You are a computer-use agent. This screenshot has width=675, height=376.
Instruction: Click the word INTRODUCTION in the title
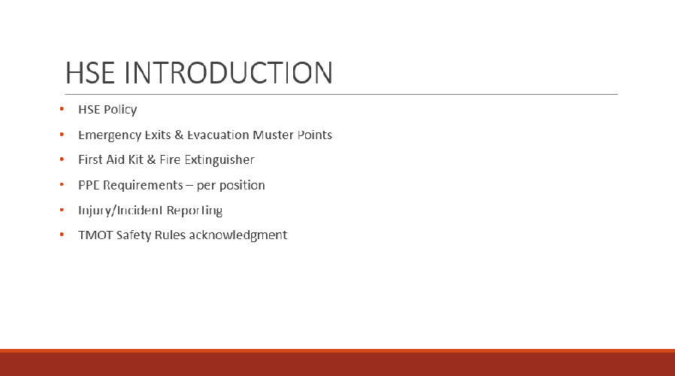[229, 72]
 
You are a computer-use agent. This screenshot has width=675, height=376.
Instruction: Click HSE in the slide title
[90, 72]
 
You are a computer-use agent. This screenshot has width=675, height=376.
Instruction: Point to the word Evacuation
[218, 135]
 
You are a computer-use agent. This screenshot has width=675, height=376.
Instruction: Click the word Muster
[273, 135]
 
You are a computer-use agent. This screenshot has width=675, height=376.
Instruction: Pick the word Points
[315, 135]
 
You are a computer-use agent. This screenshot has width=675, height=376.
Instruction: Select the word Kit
[135, 159]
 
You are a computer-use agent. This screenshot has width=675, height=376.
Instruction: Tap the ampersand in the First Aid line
[151, 159]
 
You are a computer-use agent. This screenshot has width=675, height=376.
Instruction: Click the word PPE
[89, 185]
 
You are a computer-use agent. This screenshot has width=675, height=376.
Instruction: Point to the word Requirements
[143, 185]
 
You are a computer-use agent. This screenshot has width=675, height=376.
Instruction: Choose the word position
[242, 186]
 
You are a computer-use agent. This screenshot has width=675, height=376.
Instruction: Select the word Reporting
[194, 211]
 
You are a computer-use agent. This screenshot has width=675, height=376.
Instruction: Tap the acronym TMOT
[95, 235]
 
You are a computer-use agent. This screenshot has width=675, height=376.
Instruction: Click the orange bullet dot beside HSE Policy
[62, 109]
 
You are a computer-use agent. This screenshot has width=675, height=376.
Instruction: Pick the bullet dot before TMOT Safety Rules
[62, 235]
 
